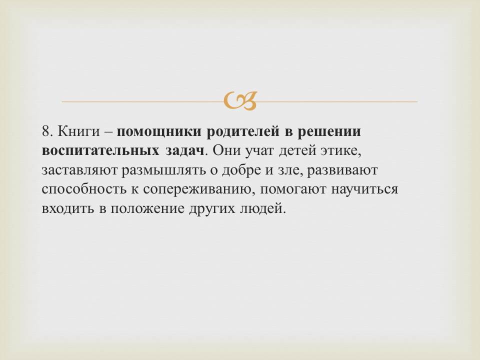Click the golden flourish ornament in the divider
[x=240, y=100]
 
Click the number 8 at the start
[x=46, y=131]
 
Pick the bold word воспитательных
[x=100, y=151]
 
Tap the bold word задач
[x=185, y=151]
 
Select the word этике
[x=340, y=151]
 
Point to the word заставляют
[x=79, y=170]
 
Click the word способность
[x=84, y=189]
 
